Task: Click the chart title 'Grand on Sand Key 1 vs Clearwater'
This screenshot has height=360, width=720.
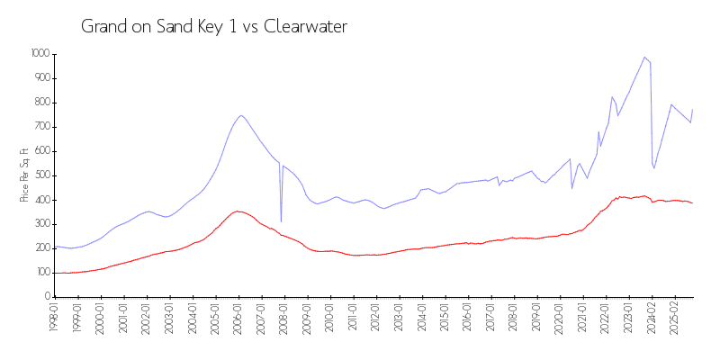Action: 214,27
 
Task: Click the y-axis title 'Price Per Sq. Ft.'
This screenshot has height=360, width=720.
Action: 24,175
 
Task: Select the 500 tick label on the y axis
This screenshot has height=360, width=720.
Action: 43,175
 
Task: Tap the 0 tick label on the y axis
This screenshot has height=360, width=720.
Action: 49,296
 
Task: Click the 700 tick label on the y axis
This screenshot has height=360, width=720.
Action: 43,126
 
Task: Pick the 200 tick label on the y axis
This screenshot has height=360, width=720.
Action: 43,247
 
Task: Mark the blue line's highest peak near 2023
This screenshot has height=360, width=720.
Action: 644,57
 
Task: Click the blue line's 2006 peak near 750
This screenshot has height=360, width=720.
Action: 241,115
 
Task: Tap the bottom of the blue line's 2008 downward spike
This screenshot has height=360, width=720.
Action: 281,221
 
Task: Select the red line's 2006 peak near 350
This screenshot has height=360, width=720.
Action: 237,211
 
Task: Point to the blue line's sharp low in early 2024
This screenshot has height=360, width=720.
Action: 654,168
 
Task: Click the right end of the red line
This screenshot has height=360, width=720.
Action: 692,203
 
